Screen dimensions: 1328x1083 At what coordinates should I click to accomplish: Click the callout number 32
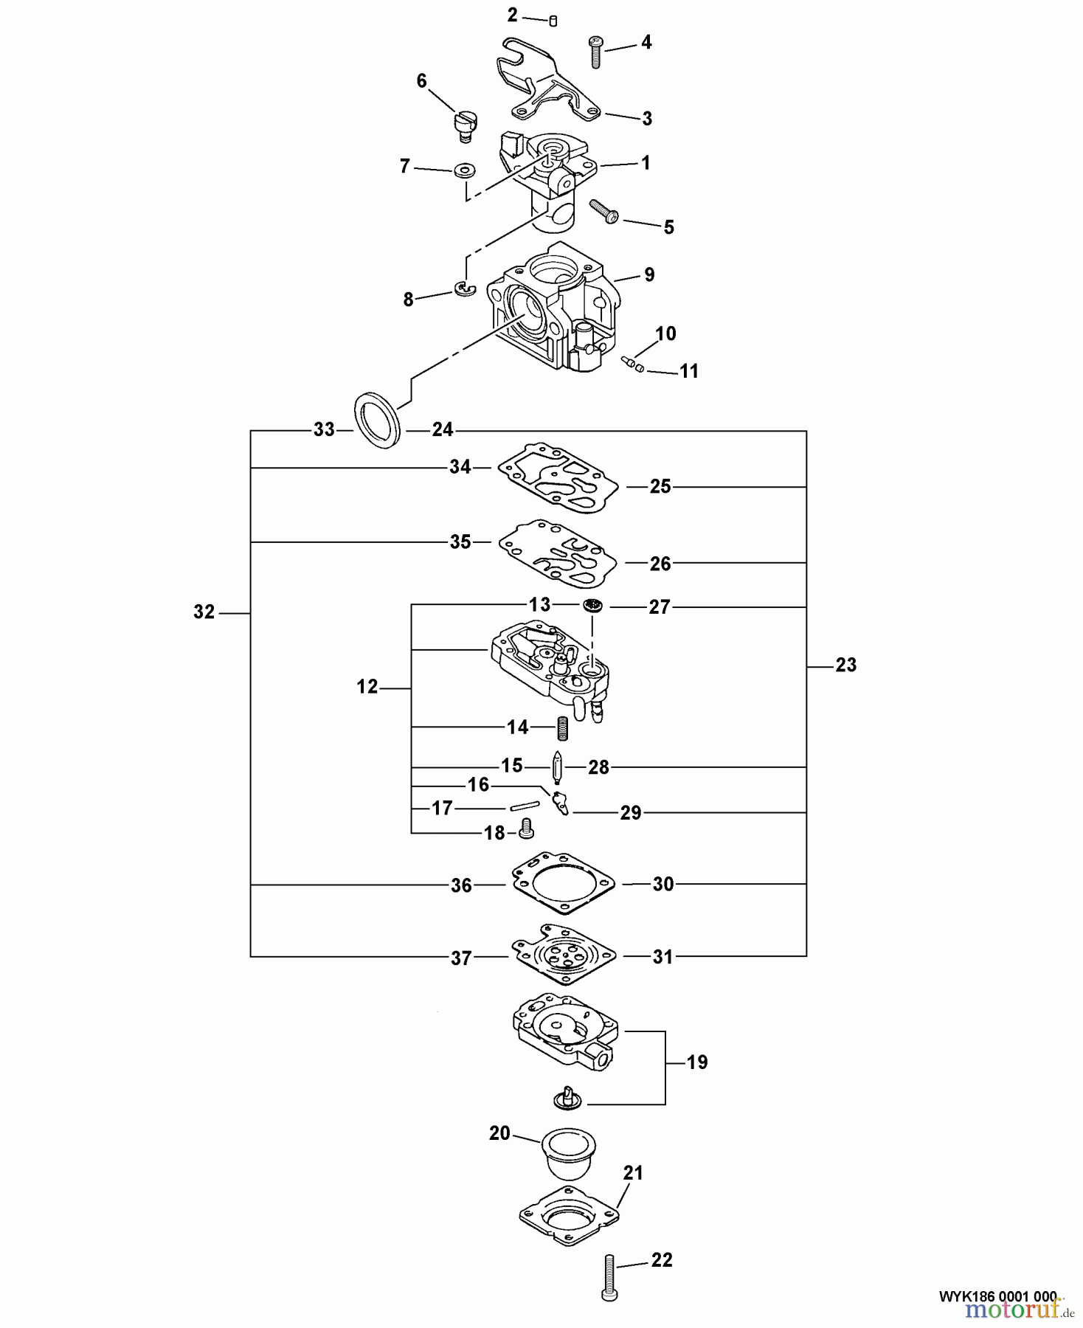(x=204, y=612)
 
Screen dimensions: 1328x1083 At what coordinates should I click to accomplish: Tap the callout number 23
(x=845, y=665)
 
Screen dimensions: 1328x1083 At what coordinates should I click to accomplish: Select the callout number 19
(x=696, y=1062)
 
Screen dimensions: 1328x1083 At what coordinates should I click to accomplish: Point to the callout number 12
(x=367, y=687)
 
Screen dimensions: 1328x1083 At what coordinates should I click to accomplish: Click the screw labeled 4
(x=596, y=51)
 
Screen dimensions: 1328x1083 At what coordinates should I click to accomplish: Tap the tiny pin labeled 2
(x=553, y=21)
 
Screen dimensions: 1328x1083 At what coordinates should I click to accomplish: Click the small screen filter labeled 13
(x=592, y=606)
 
